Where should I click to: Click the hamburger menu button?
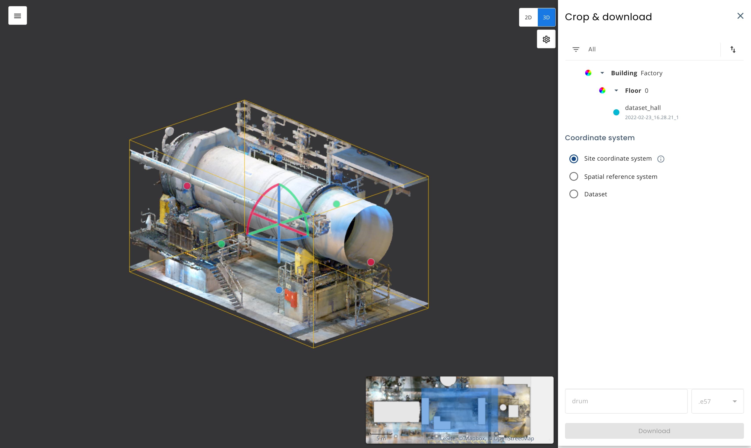pyautogui.click(x=18, y=16)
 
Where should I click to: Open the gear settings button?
pyautogui.click(x=546, y=39)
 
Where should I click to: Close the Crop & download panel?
pyautogui.click(x=740, y=16)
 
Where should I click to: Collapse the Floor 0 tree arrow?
pyautogui.click(x=616, y=91)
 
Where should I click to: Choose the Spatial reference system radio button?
pyautogui.click(x=574, y=177)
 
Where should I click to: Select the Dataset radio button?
pyautogui.click(x=574, y=194)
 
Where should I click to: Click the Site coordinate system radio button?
pyautogui.click(x=574, y=159)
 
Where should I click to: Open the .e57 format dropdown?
pyautogui.click(x=717, y=401)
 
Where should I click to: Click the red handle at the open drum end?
pyautogui.click(x=371, y=262)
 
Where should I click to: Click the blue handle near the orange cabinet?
pyautogui.click(x=279, y=290)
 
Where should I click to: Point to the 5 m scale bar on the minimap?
pyautogui.click(x=381, y=435)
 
